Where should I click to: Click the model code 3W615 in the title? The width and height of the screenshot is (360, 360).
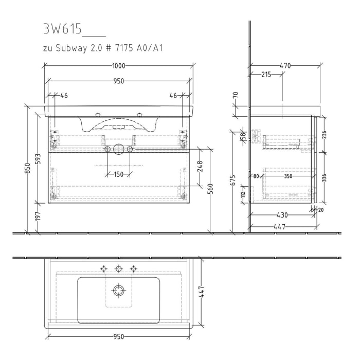pyautogui.click(x=62, y=29)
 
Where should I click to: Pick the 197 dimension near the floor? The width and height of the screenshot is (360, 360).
pyautogui.click(x=38, y=217)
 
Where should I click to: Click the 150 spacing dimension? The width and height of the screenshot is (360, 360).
pyautogui.click(x=118, y=174)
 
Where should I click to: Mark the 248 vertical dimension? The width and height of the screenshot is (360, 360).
pyautogui.click(x=200, y=166)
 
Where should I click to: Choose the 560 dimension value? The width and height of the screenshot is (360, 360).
pyautogui.click(x=211, y=191)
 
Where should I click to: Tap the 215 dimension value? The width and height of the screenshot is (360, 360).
pyautogui.click(x=266, y=75)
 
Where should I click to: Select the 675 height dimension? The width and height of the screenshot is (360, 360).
pyautogui.click(x=233, y=181)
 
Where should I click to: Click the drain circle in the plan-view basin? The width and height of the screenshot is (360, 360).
pyautogui.click(x=119, y=291)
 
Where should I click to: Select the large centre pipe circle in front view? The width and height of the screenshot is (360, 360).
pyautogui.click(x=118, y=149)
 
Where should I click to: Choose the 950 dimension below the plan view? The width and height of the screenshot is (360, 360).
pyautogui.click(x=118, y=337)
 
